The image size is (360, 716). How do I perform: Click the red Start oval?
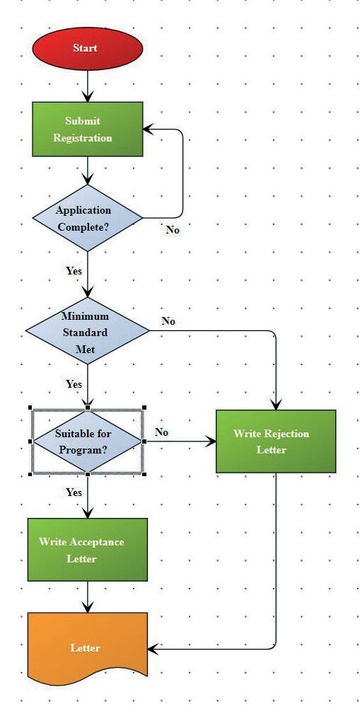click(x=88, y=48)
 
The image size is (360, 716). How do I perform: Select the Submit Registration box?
click(x=88, y=129)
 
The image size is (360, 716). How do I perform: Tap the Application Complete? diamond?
click(x=87, y=218)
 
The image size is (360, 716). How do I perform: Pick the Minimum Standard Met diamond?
click(x=87, y=331)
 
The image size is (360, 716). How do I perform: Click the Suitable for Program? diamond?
click(x=88, y=441)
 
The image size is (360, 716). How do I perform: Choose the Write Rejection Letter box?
click(x=276, y=441)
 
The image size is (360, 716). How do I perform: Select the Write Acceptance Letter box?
click(x=88, y=549)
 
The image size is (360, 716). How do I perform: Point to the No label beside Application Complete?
click(x=173, y=230)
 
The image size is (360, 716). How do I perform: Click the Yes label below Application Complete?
click(x=74, y=271)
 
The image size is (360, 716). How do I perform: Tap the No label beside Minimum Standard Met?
click(x=168, y=321)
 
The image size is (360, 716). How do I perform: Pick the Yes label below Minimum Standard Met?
click(x=74, y=384)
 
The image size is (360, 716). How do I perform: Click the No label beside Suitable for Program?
click(x=161, y=432)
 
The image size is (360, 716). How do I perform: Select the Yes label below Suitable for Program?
click(x=74, y=492)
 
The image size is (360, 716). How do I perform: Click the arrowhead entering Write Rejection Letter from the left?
click(x=211, y=441)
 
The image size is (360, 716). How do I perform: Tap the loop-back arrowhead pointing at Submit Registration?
click(x=149, y=129)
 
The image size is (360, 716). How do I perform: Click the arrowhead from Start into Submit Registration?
click(x=88, y=96)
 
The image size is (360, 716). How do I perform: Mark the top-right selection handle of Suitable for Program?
click(x=145, y=408)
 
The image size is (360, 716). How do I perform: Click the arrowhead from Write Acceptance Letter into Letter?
click(x=88, y=607)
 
